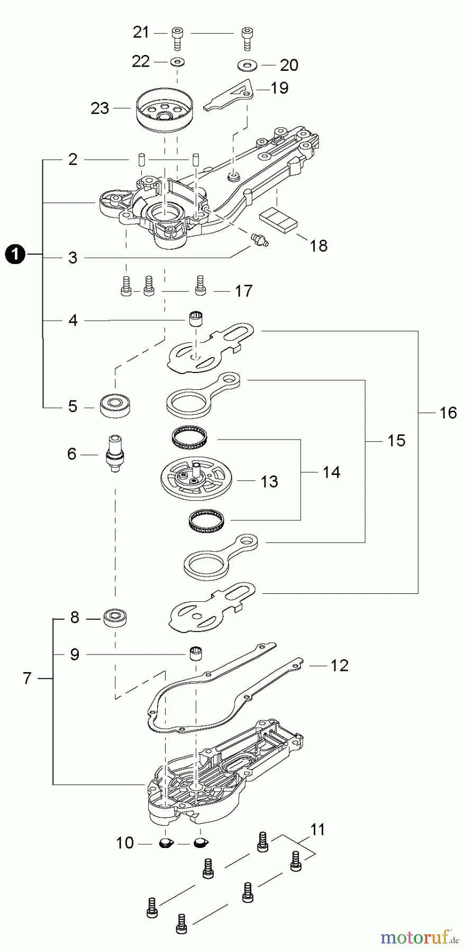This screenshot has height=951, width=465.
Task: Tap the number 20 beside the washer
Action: tap(289, 65)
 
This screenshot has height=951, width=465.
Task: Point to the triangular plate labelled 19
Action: tap(229, 95)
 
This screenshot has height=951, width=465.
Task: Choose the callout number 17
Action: tap(243, 291)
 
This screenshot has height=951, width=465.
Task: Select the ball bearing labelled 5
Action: tap(115, 405)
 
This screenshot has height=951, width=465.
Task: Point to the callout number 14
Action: tap(331, 472)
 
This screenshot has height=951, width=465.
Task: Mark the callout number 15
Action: tap(396, 440)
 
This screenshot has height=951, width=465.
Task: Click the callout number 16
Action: tap(448, 412)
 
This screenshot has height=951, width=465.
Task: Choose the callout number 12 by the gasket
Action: tap(340, 666)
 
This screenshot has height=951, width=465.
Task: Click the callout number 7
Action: tap(28, 678)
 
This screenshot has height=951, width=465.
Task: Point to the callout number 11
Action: tap(317, 829)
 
